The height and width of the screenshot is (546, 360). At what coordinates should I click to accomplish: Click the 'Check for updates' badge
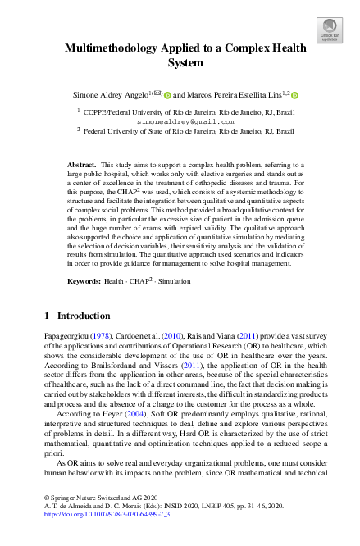(329, 30)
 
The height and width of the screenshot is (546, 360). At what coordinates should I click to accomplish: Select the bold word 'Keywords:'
(84, 281)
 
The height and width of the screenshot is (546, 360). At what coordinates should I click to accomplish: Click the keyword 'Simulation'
(173, 281)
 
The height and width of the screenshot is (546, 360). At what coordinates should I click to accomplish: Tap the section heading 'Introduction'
(83, 316)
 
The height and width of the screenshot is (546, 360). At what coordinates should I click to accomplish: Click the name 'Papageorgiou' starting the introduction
(64, 337)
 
